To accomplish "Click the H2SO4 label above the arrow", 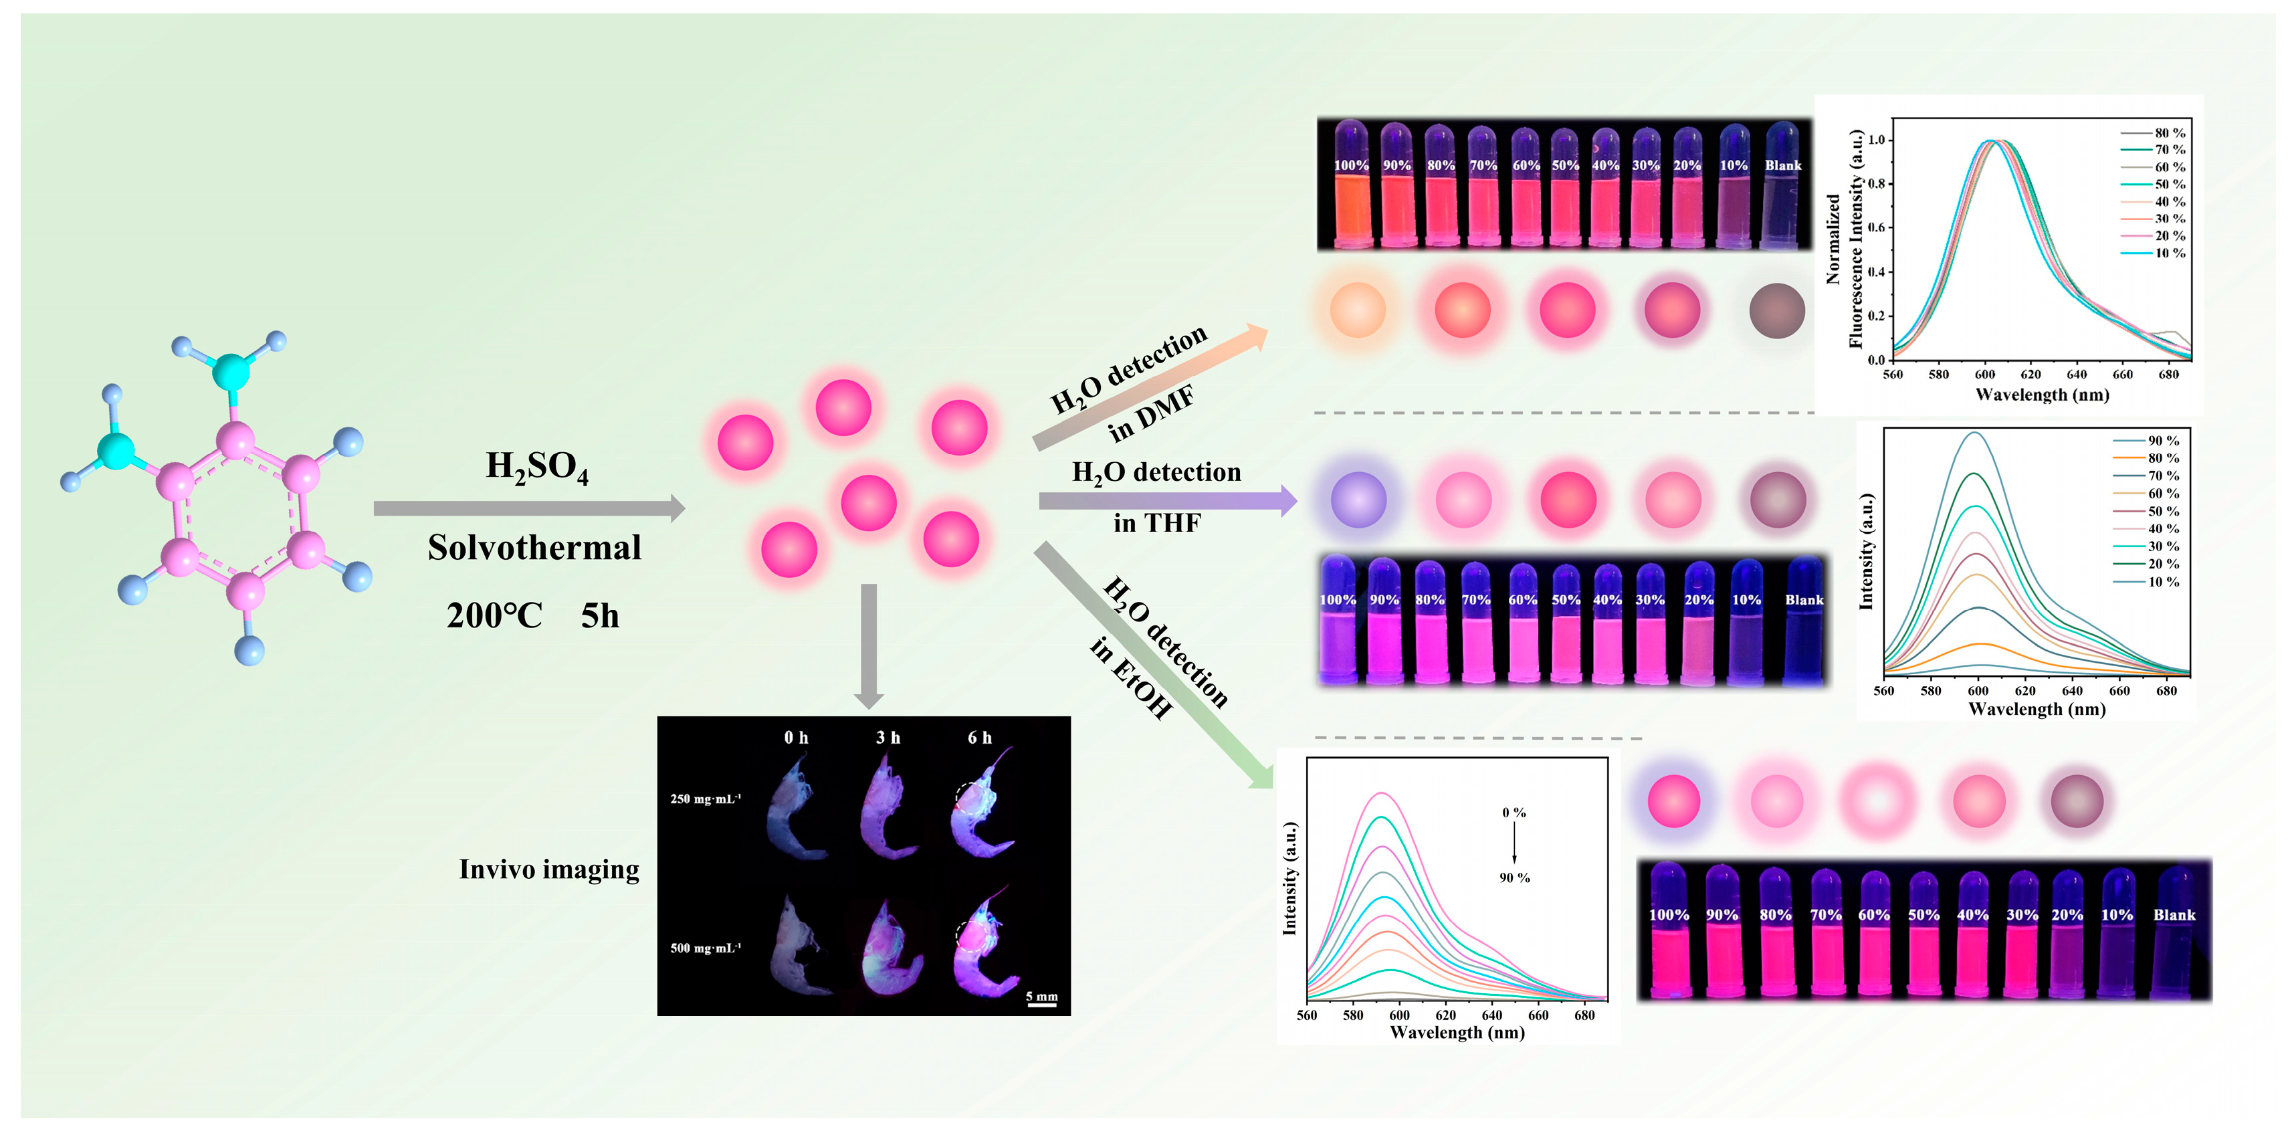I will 537,467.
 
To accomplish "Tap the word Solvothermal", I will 534,548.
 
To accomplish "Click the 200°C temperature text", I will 494,616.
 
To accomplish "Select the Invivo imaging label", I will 548,869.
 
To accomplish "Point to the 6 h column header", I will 980,738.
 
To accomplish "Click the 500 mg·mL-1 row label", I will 705,948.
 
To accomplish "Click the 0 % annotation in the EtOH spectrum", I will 1514,813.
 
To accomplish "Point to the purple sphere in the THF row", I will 1358,500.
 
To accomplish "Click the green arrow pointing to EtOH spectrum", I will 1156,667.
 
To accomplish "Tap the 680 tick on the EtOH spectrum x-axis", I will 1584,1015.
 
